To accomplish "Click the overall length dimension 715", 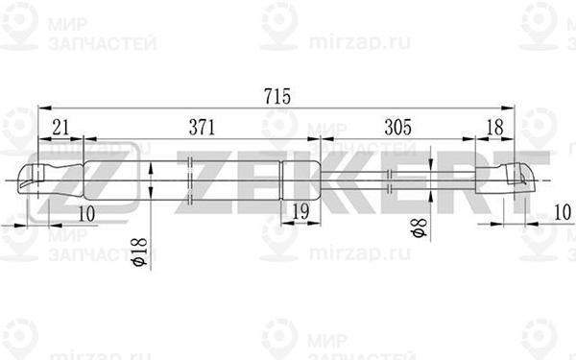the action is click(x=277, y=96).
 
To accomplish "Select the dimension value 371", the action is click(x=202, y=128).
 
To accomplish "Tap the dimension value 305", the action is click(x=398, y=128).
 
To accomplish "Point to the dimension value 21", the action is click(x=60, y=128).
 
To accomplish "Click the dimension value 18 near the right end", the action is click(x=494, y=128).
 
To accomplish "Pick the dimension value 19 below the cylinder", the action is click(x=301, y=211).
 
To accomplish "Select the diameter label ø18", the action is click(x=140, y=252).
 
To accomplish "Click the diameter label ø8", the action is click(x=420, y=228).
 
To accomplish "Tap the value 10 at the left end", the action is click(x=86, y=214).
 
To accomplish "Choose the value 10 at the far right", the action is click(x=563, y=212).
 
